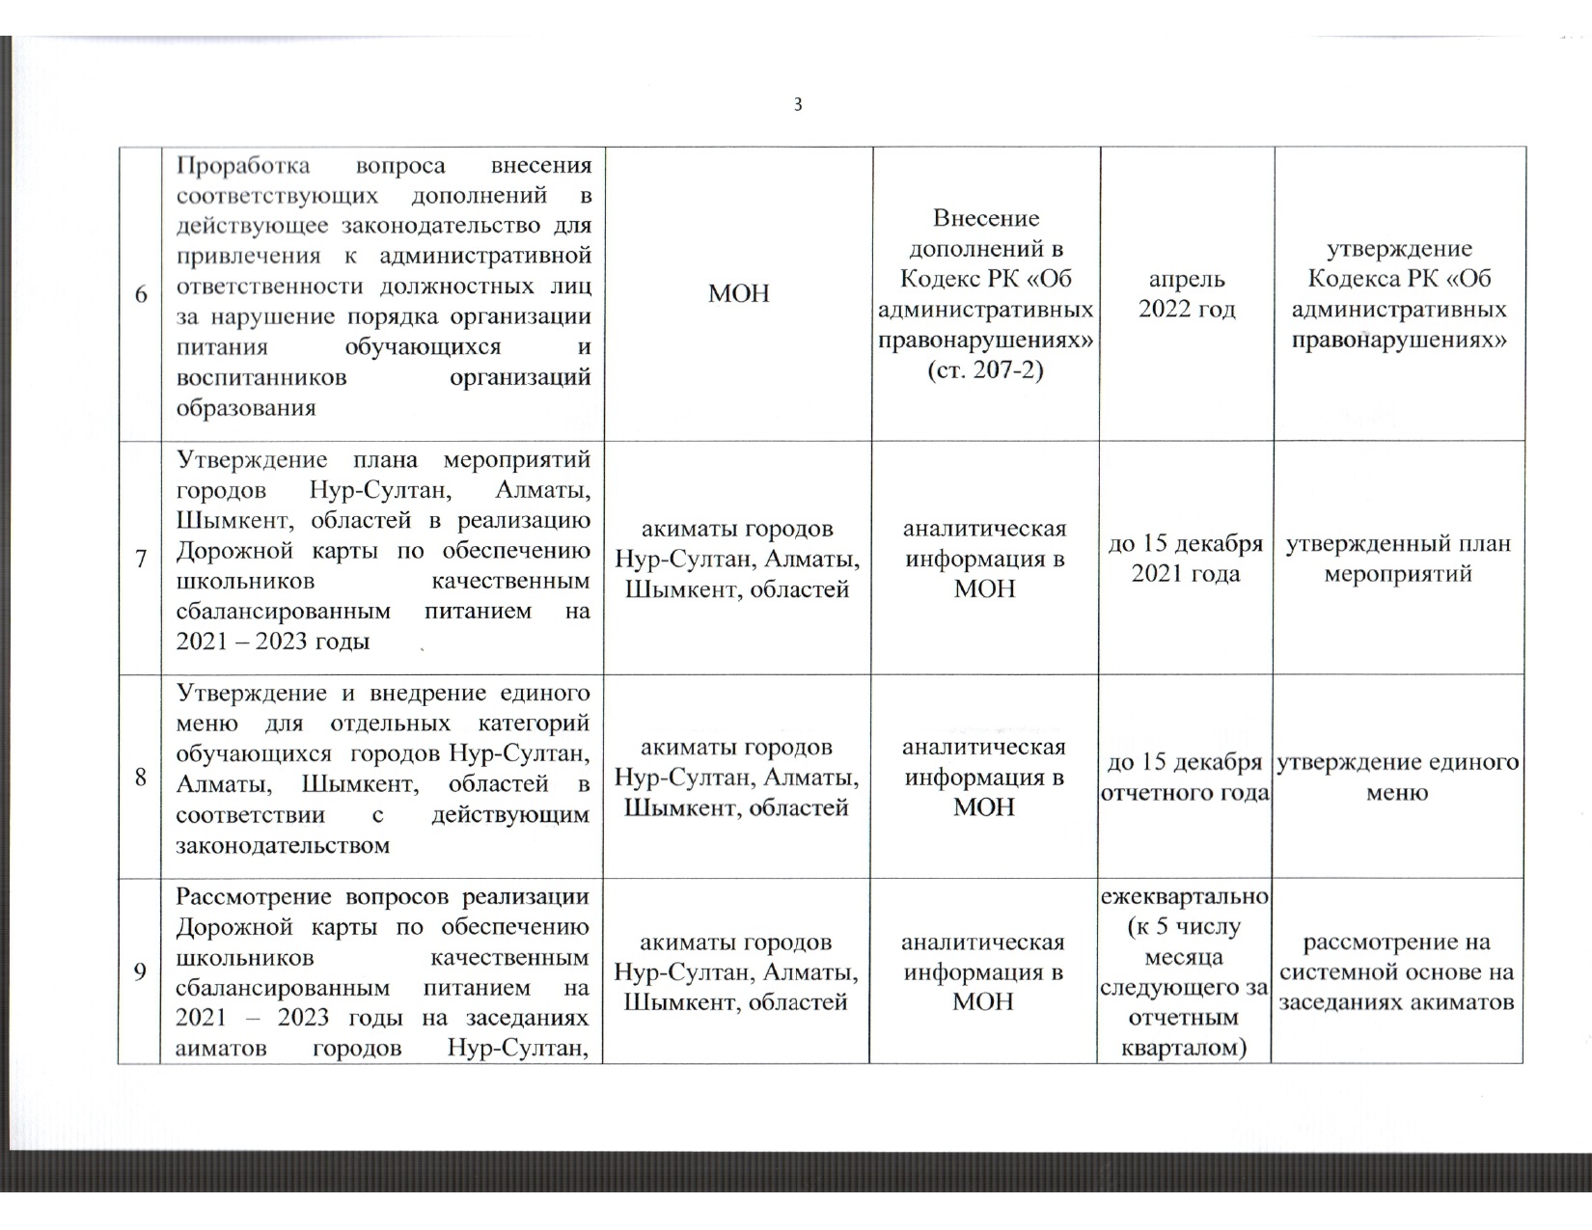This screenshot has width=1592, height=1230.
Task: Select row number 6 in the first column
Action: tap(141, 294)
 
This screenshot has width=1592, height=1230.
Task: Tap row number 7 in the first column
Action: tap(141, 559)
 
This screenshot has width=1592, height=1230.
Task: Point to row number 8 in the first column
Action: tap(141, 777)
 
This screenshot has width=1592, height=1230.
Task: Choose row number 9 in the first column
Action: tap(141, 971)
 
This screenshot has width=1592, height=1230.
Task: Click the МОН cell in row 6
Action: tap(739, 294)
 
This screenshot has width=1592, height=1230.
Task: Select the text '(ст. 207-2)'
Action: tap(984, 369)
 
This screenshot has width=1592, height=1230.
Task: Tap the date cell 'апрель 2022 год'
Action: tap(1187, 294)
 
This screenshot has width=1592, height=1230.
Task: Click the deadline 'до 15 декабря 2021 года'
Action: tap(1185, 559)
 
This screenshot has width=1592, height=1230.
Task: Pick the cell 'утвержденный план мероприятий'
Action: tap(1398, 559)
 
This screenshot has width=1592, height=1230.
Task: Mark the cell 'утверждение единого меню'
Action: tap(1397, 778)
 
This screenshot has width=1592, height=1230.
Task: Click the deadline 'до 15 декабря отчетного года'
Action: tap(1185, 778)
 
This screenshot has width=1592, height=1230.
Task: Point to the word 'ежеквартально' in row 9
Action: tap(1185, 896)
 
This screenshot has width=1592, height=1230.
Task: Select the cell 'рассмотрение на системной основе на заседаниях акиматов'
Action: tap(1397, 971)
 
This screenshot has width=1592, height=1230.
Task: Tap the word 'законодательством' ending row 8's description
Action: tap(284, 846)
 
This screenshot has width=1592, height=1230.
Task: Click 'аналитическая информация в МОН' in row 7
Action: tap(984, 559)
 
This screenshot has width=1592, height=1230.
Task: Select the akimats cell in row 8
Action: tap(738, 778)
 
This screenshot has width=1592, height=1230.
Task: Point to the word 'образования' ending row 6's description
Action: tap(246, 407)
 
